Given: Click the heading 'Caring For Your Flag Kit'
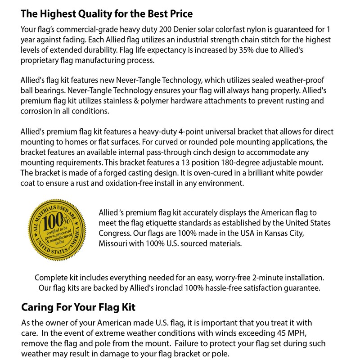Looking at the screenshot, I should [x=78, y=308].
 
